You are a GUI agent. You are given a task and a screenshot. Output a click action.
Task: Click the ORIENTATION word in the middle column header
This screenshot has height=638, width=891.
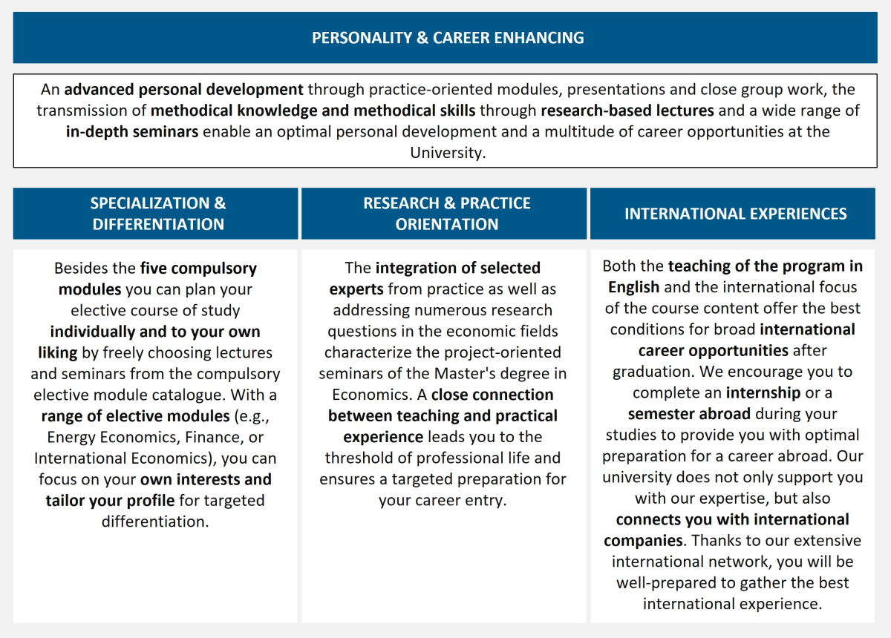click(447, 224)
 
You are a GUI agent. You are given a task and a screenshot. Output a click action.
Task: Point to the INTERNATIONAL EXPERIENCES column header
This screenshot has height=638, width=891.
click(735, 214)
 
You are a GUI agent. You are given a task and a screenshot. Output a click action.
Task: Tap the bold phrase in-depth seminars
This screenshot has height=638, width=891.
click(131, 132)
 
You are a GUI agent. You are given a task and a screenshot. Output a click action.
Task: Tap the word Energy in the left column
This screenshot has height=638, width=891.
click(72, 437)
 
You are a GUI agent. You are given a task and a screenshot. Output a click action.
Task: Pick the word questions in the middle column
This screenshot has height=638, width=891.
click(362, 331)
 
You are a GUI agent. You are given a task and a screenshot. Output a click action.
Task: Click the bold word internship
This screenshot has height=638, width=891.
click(763, 392)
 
